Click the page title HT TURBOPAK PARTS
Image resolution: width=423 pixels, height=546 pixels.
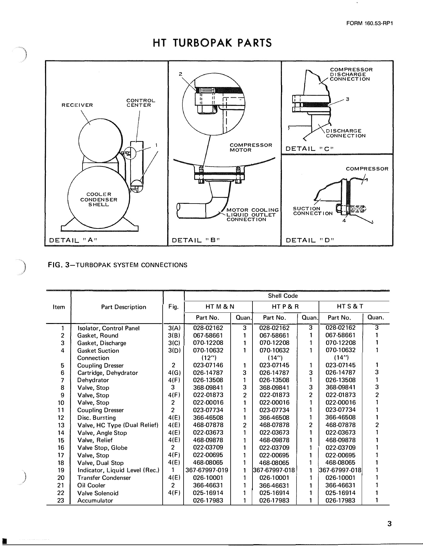212,43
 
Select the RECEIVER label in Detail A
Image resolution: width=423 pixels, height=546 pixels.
77,105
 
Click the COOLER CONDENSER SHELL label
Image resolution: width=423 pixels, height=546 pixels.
99,199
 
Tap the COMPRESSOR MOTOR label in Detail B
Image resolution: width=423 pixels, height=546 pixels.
251,147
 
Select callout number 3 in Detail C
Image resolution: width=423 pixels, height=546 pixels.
348,99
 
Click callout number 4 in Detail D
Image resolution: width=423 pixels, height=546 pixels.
343,221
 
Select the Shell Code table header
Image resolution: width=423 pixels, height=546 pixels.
283,296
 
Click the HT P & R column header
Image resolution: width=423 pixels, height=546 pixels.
285,307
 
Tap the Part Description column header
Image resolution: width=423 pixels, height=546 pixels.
124,307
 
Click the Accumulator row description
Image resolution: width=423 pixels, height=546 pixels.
95,500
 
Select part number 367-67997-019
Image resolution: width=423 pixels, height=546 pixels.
207,470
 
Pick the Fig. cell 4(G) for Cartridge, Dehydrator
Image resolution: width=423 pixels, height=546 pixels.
174,373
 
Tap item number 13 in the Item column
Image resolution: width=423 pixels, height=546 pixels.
61,425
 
